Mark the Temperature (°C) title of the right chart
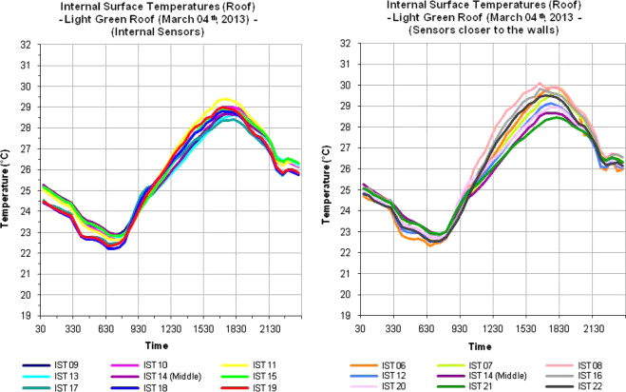[327, 180]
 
